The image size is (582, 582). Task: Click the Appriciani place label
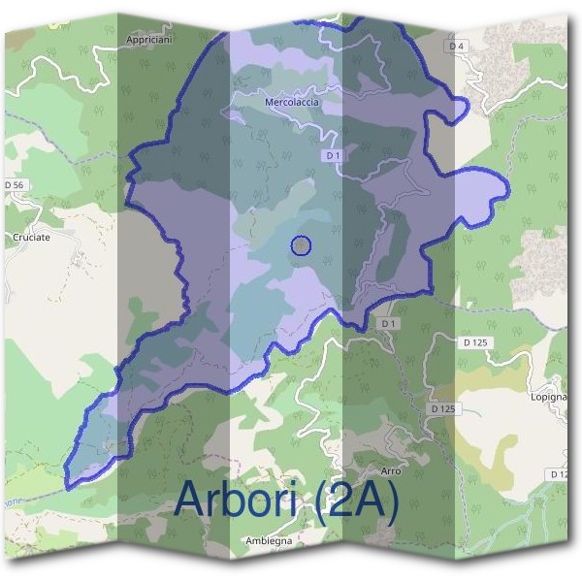click(x=149, y=41)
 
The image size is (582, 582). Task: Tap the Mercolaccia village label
click(x=291, y=101)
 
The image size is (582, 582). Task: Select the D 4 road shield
click(x=458, y=46)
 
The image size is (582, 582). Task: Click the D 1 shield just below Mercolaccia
click(x=333, y=155)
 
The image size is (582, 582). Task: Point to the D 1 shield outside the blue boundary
click(x=388, y=322)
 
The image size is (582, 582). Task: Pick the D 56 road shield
click(x=14, y=184)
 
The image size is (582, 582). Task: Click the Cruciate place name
click(x=30, y=236)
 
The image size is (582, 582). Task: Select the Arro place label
click(x=391, y=470)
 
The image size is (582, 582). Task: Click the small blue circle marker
click(x=301, y=245)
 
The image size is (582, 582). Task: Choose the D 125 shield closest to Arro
click(x=441, y=409)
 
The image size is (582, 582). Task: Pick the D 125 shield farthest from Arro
click(x=474, y=342)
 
